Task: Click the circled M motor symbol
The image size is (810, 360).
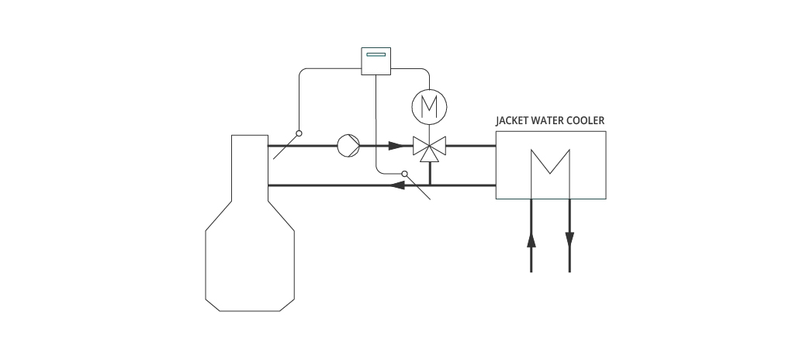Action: point(429,107)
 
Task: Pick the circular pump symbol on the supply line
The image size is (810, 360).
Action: point(348,146)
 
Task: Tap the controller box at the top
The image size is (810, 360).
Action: point(376,61)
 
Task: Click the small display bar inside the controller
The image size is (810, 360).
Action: point(376,54)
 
